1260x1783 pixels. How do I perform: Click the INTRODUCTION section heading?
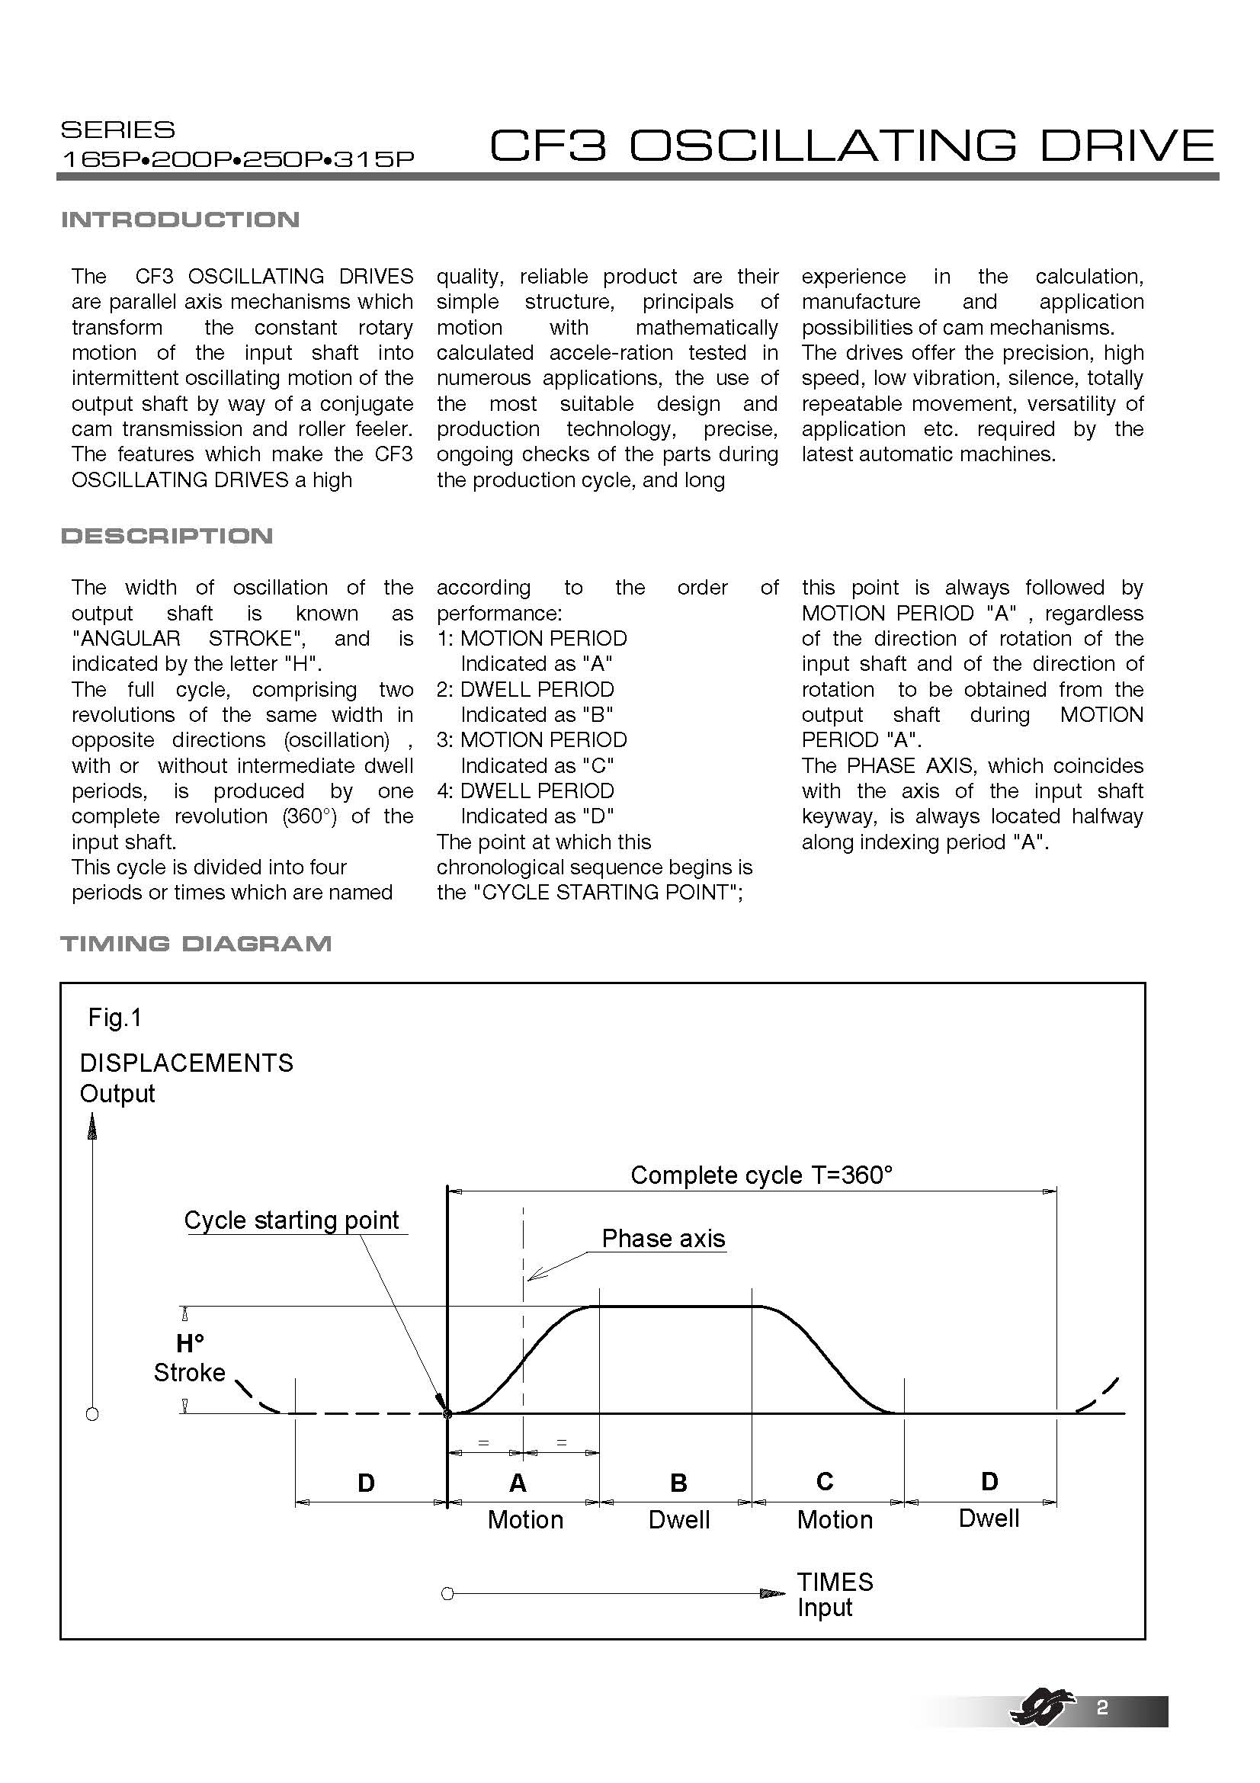180,220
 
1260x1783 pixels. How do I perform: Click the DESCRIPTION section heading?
167,536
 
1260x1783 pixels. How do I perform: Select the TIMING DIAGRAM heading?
196,944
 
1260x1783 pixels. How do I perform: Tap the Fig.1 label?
115,1018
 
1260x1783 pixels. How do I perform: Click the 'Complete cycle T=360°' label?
761,1175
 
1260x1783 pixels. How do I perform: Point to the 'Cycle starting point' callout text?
292,1220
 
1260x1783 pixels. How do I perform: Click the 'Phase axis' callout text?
663,1238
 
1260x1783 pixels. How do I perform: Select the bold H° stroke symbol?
190,1343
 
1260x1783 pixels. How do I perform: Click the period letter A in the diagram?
518,1483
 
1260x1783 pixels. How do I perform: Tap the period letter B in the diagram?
678,1483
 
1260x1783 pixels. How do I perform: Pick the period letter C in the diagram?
825,1482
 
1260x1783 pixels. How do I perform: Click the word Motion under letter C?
835,1520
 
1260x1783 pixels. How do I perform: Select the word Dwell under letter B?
679,1520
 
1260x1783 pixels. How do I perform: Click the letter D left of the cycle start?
366,1483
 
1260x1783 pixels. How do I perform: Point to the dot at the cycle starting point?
447,1413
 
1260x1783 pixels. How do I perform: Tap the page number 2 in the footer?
1101,1707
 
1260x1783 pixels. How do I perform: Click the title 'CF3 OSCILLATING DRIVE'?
851,146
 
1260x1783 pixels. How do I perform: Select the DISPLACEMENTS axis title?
186,1063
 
